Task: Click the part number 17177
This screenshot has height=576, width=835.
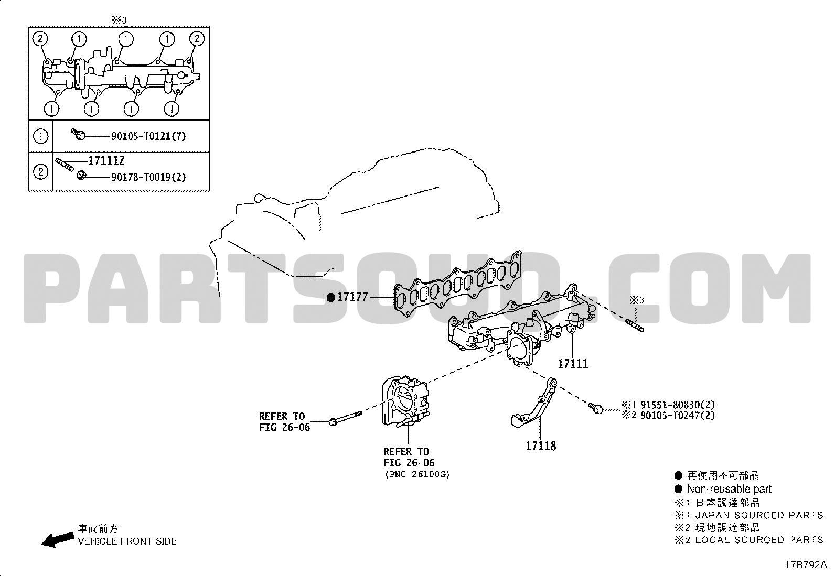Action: click(x=352, y=297)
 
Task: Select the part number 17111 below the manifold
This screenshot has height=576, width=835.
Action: click(x=573, y=364)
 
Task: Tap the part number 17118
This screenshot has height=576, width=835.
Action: click(x=541, y=446)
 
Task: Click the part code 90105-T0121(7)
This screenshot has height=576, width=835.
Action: click(x=148, y=136)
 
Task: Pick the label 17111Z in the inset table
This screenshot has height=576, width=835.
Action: click(x=106, y=161)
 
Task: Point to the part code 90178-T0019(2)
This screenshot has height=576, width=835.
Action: click(x=148, y=177)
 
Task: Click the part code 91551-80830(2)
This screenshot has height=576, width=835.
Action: click(x=677, y=405)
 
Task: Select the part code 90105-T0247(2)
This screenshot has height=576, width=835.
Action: click(x=677, y=416)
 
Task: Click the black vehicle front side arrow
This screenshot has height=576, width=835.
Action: click(x=57, y=540)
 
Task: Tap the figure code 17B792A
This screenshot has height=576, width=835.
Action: click(x=806, y=565)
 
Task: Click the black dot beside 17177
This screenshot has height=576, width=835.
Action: click(x=330, y=298)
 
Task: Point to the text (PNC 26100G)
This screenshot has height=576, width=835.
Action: click(x=417, y=474)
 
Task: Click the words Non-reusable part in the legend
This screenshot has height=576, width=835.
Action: click(x=729, y=489)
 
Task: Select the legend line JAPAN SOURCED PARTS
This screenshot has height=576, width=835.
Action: click(x=759, y=515)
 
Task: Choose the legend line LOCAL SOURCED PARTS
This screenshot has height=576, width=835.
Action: click(x=759, y=540)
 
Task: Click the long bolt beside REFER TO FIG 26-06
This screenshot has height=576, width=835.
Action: click(x=346, y=418)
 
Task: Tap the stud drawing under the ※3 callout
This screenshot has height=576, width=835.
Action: click(x=635, y=325)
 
